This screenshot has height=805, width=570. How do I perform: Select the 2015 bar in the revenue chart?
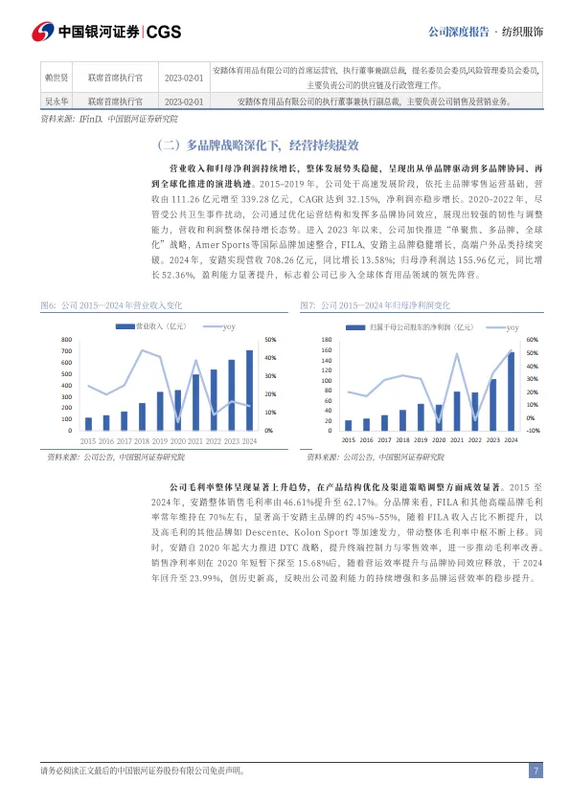[88, 423]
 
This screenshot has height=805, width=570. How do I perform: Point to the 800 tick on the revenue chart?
[66, 339]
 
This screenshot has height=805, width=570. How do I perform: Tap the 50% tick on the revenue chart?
[271, 339]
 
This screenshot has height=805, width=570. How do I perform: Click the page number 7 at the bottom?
[536, 771]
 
